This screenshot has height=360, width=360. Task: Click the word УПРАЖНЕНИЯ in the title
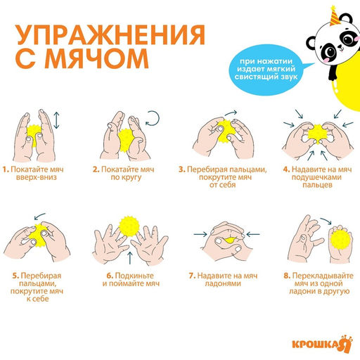[x=111, y=36]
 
